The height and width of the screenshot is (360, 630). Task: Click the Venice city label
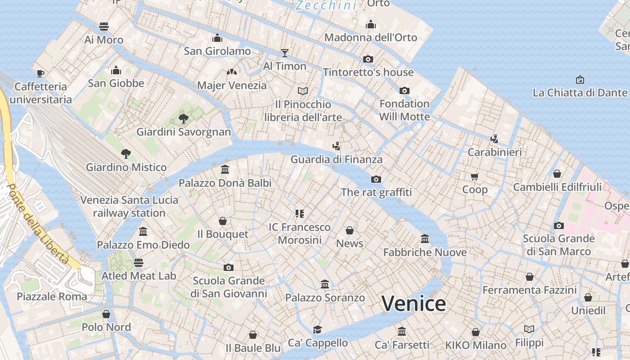coord(414,304)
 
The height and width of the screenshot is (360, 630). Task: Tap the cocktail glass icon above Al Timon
coord(284,53)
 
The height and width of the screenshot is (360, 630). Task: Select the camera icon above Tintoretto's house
coord(368,59)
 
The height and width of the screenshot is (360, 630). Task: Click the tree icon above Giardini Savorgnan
coord(183,119)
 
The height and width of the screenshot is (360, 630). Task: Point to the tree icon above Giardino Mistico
coord(126,154)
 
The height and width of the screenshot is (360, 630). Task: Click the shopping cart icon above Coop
coord(475,176)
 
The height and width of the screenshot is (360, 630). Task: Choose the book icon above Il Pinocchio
coord(303,91)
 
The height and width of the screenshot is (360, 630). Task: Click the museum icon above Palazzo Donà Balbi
coord(225,170)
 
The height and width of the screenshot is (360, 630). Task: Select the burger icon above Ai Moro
coord(104,26)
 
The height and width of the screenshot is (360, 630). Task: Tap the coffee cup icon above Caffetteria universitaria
coord(40,73)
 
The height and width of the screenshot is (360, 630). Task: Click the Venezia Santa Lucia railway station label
coord(129,206)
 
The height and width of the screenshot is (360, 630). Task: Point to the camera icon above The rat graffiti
coord(376,179)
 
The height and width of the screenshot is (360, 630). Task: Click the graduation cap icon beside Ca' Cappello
coord(318,329)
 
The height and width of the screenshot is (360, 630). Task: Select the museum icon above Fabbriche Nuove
coord(425,238)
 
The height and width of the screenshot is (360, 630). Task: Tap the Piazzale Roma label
coord(52,297)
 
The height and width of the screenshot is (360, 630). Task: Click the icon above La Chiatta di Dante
coord(580,80)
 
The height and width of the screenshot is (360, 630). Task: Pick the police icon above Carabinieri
coord(495,139)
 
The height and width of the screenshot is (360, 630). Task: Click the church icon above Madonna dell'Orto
coord(371,24)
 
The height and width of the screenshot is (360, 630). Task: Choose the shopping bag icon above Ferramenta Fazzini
coord(530,277)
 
